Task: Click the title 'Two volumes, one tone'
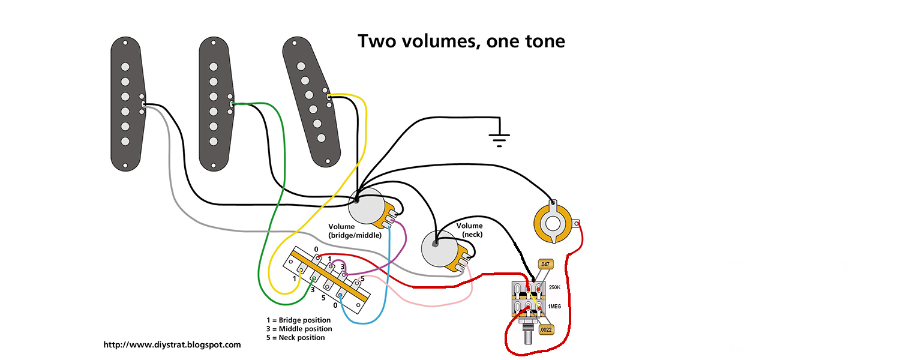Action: (x=461, y=41)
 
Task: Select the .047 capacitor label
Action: (x=545, y=264)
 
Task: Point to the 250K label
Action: (x=555, y=287)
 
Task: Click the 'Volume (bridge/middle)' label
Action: (x=355, y=231)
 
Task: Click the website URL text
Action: (x=172, y=345)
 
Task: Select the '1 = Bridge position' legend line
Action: (x=299, y=320)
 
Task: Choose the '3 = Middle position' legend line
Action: (x=299, y=329)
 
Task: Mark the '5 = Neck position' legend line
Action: (x=296, y=338)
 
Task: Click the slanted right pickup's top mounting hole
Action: (x=294, y=43)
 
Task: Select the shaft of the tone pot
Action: (x=528, y=335)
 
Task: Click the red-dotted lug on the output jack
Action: (x=577, y=224)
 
